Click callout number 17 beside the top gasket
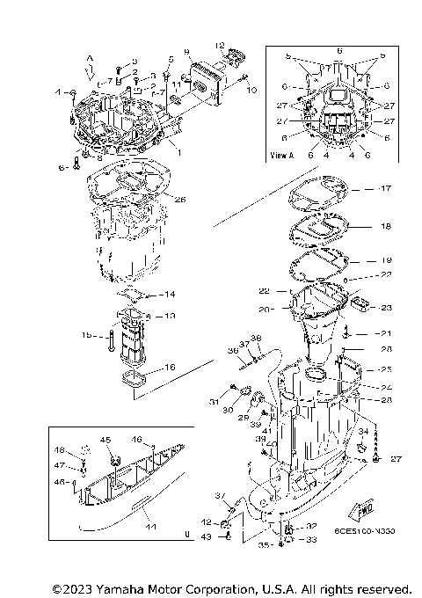(x=385, y=188)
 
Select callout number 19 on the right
(x=385, y=260)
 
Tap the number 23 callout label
(x=385, y=308)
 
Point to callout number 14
(x=170, y=294)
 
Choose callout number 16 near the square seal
(x=170, y=368)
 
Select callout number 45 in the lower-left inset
(x=105, y=440)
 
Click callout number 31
(x=214, y=403)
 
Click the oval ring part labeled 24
(x=316, y=376)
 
